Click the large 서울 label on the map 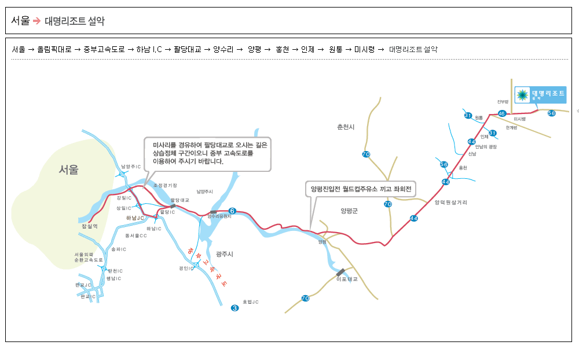pyautogui.click(x=68, y=170)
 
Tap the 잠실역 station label pyautogui.click(x=90, y=226)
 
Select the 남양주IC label pyautogui.click(x=131, y=167)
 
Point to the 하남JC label pyautogui.click(x=135, y=218)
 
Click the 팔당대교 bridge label pyautogui.click(x=180, y=200)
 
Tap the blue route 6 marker pyautogui.click(x=232, y=211)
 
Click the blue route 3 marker pyautogui.click(x=234, y=308)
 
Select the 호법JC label pyautogui.click(x=251, y=302)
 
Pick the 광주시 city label pyautogui.click(x=224, y=254)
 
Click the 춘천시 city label pyautogui.click(x=346, y=127)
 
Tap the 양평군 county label pyautogui.click(x=349, y=211)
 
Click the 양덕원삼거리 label pyautogui.click(x=450, y=203)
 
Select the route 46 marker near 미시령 pyautogui.click(x=502, y=113)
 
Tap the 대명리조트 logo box pyautogui.click(x=540, y=94)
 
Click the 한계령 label pyautogui.click(x=511, y=127)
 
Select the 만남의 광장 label pyautogui.click(x=486, y=146)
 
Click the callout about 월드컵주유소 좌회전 pyautogui.click(x=361, y=189)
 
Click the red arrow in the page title pyautogui.click(x=37, y=21)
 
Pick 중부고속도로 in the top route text pyautogui.click(x=104, y=49)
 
